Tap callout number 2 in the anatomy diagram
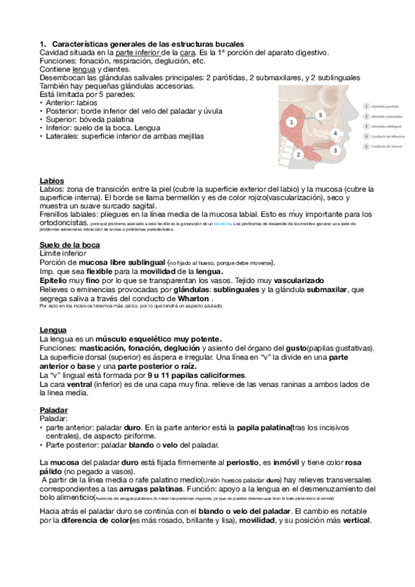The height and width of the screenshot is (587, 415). point(299,155)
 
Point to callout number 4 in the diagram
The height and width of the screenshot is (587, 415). point(335,133)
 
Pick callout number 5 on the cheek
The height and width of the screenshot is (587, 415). point(319,114)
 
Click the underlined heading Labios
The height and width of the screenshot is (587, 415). point(52,181)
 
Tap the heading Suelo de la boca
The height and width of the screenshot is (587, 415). point(69,245)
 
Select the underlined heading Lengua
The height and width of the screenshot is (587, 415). point(53,330)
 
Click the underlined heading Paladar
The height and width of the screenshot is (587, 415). point(54,410)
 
